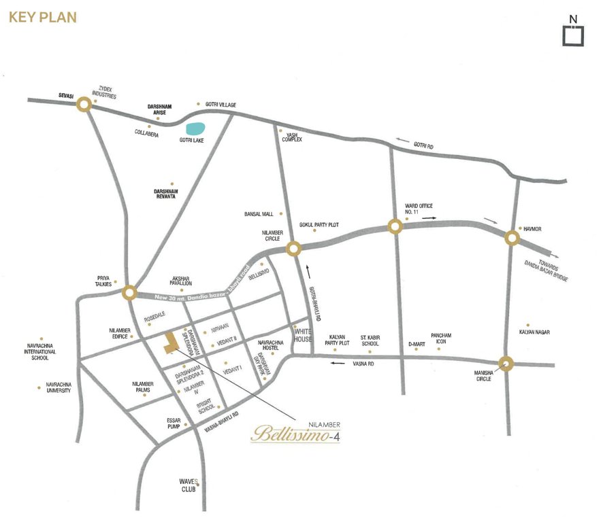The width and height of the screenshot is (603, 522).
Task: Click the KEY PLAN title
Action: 43,17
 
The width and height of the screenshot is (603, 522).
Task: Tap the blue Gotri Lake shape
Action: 195,128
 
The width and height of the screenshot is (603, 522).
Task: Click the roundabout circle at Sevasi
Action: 84,104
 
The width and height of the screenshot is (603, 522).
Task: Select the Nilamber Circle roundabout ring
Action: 294,249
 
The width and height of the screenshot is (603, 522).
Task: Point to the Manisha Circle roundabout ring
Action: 506,364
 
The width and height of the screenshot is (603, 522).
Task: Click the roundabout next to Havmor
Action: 512,237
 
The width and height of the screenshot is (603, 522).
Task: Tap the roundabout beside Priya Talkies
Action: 129,293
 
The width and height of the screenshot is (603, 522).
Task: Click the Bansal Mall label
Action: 258,214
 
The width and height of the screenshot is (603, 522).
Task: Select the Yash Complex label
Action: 292,137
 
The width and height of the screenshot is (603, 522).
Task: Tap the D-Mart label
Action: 416,344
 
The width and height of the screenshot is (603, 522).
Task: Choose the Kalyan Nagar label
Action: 534,332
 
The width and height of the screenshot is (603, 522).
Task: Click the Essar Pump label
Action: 174,423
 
